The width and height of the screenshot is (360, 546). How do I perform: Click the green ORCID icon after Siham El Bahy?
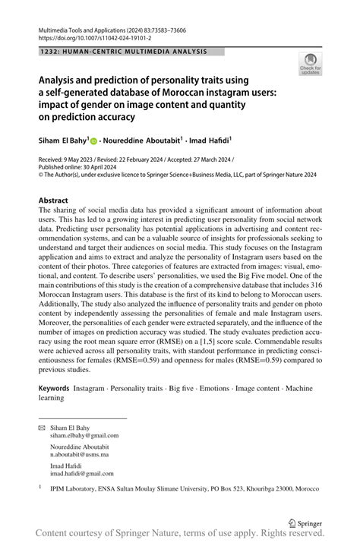95,140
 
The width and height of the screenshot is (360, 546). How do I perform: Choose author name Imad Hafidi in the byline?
207,140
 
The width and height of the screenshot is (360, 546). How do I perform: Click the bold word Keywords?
57,387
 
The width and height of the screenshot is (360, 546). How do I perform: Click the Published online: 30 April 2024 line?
81,166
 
